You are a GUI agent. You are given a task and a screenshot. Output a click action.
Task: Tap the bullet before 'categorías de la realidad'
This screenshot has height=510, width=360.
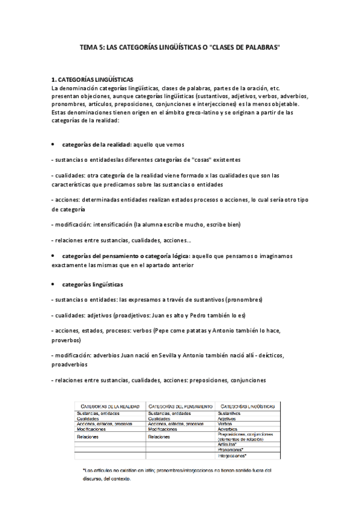point(53,145)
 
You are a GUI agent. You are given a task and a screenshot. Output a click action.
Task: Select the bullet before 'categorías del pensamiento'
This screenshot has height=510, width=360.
point(53,256)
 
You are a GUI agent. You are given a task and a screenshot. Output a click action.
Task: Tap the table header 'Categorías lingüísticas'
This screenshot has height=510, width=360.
point(249,407)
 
